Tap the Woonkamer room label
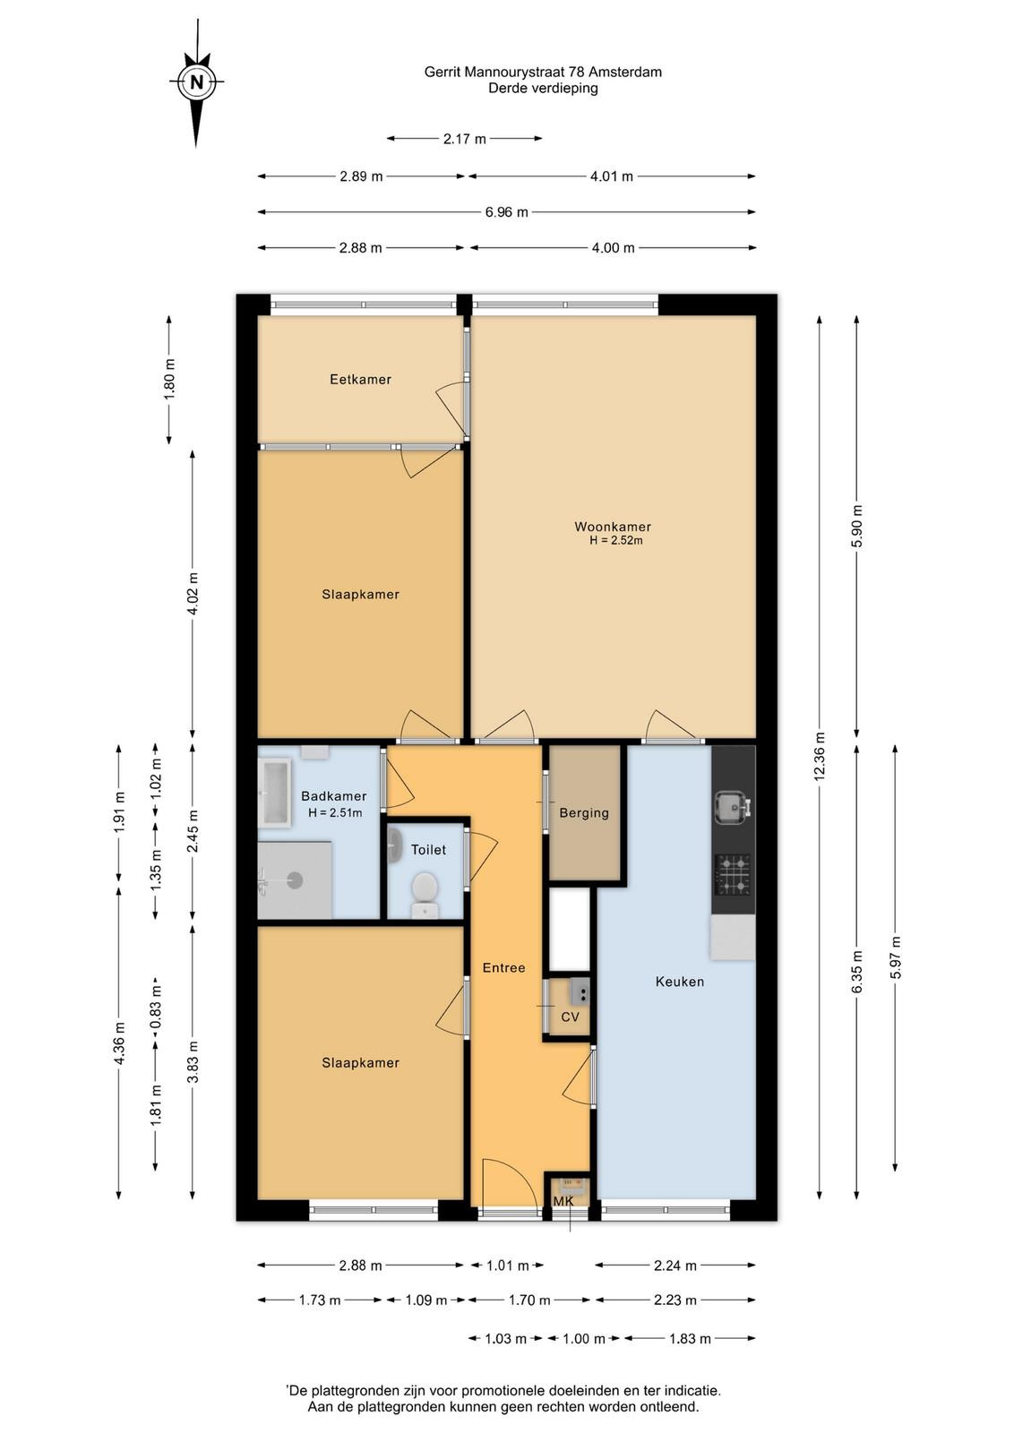(x=612, y=527)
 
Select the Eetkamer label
(x=360, y=380)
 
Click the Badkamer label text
(x=333, y=796)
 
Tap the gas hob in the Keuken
(x=733, y=874)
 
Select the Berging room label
(x=583, y=813)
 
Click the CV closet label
(x=570, y=1017)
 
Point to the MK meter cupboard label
(x=563, y=1201)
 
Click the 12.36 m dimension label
(x=820, y=756)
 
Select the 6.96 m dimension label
(x=506, y=212)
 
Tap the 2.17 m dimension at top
(x=465, y=139)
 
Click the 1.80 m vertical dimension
(x=169, y=380)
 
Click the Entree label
(x=503, y=968)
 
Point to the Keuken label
(x=679, y=982)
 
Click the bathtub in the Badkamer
(x=275, y=792)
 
